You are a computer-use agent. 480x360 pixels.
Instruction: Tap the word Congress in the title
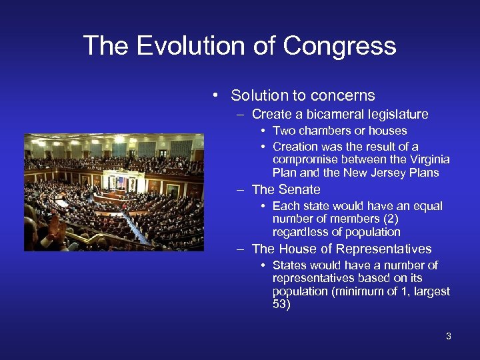[x=339, y=46]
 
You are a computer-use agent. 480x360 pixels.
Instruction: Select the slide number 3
[x=449, y=336]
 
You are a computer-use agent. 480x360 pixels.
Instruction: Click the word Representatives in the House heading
[x=383, y=249]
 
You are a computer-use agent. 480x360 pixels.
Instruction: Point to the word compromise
[x=305, y=159]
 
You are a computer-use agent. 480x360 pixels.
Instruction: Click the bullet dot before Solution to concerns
[x=216, y=95]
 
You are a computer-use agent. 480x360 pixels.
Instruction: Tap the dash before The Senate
[x=240, y=190]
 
